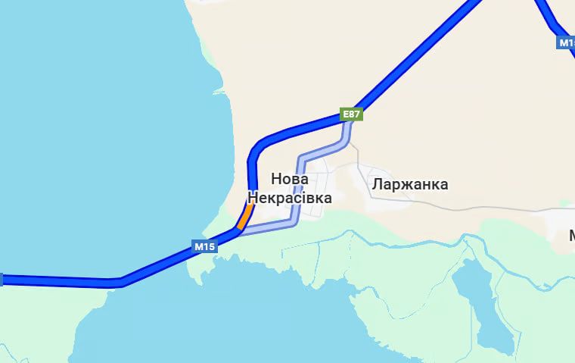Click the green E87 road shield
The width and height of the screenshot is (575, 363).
[x=352, y=115]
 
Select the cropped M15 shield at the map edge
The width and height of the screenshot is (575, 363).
[x=567, y=43]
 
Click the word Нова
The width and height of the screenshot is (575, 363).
[x=289, y=180]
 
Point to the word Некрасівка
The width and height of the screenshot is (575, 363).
[x=290, y=198]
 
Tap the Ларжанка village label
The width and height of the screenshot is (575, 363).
[x=409, y=184]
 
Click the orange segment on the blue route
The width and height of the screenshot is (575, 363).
[x=244, y=216]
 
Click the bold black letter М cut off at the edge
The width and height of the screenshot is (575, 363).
[x=572, y=236]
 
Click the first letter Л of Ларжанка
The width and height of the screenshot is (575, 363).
[x=376, y=184]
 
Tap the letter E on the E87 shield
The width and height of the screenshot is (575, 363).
[x=346, y=115]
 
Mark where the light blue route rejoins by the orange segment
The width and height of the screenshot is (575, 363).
[x=240, y=230]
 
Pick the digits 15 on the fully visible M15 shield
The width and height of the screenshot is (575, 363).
[x=209, y=246]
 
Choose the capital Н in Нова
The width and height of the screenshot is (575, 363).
[x=275, y=180]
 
